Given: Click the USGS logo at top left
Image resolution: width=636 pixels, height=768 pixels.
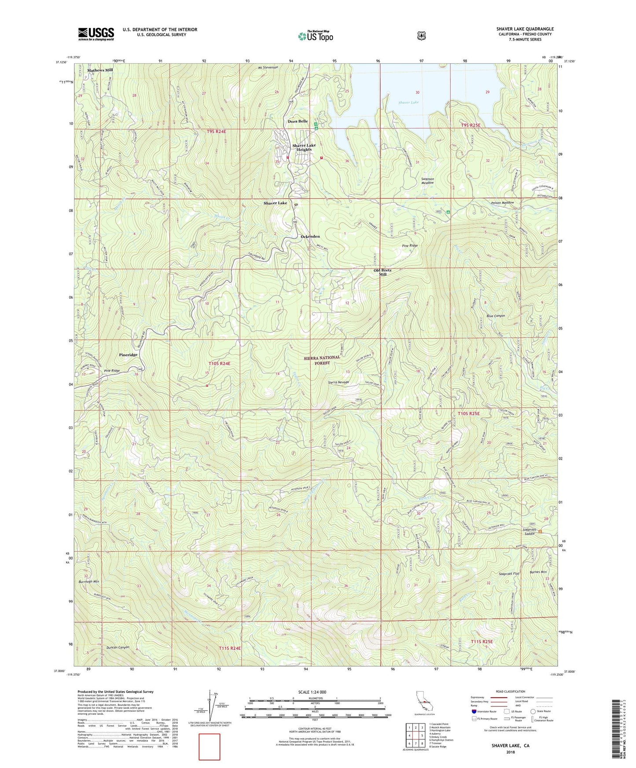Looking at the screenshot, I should tap(96, 33).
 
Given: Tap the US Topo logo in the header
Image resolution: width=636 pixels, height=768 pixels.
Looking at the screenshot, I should tap(315, 36).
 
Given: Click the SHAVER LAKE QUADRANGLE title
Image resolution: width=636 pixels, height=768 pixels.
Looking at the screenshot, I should tap(525, 29).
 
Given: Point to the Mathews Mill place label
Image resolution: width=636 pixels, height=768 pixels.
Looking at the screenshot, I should tap(100, 70).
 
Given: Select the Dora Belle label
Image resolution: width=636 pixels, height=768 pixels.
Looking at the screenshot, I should tap(298, 121).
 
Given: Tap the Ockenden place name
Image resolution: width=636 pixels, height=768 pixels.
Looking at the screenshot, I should tap(310, 237).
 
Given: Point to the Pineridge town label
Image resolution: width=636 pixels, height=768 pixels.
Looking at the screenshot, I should tap(128, 355).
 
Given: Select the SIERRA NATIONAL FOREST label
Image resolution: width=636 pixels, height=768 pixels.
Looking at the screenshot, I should tap(322, 360).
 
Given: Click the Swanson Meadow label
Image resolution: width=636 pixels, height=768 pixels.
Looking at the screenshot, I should tap(427, 181).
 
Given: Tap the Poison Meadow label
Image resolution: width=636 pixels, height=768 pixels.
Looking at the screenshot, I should tap(502, 203).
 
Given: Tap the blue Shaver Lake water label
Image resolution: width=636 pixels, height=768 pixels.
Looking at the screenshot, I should tap(408, 102).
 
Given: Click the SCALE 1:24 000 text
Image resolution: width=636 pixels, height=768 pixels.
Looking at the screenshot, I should tap(312, 692).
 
